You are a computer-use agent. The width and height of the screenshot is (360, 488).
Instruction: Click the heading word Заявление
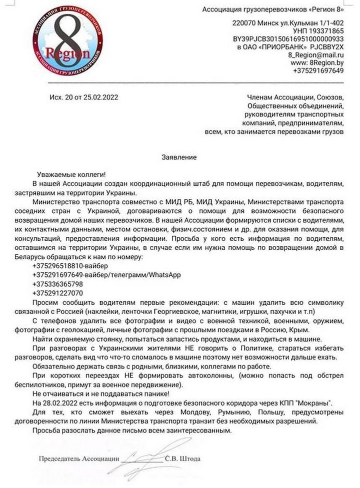click(x=179, y=157)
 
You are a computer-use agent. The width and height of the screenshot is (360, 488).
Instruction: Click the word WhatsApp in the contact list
click(x=163, y=275)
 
